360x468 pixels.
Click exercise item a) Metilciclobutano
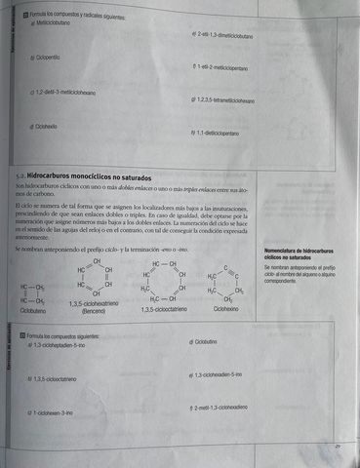[x=55, y=22]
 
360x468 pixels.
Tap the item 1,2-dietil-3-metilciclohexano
[x=64, y=92]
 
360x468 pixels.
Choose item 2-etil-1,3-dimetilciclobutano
[x=226, y=33]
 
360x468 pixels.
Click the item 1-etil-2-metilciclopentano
[x=221, y=68]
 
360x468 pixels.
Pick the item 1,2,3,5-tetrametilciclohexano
[x=225, y=100]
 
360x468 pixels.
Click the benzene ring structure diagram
[x=96, y=278]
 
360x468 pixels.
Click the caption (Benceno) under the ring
[x=94, y=311]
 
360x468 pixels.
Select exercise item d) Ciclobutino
[x=201, y=341]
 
